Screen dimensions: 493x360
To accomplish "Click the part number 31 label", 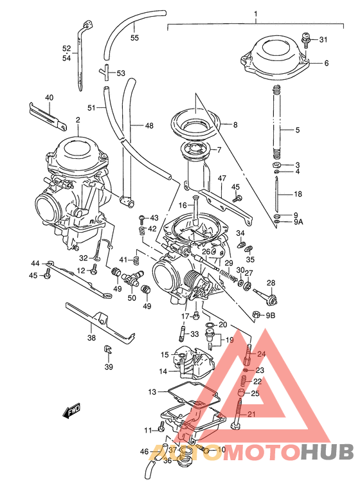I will click(323, 40).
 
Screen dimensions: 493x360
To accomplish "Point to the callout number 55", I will click(134, 38).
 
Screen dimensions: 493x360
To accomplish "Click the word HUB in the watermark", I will click(328, 453).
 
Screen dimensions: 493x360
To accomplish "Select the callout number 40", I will click(49, 98).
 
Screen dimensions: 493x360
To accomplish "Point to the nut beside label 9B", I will click(255, 315).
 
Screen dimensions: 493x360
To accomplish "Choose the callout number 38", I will click(91, 338).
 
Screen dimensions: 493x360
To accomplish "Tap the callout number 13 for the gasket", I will click(152, 391).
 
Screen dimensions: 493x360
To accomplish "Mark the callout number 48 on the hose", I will click(148, 125).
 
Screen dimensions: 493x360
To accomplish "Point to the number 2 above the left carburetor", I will click(77, 120).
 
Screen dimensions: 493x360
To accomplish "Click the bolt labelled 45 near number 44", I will click(48, 276).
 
